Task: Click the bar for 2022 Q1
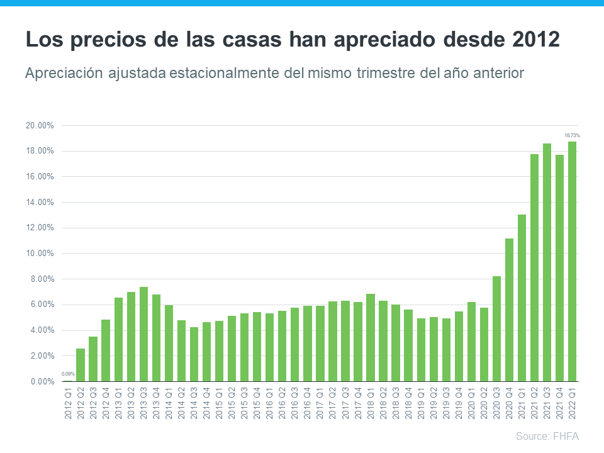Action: (x=572, y=262)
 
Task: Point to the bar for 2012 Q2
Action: (x=81, y=365)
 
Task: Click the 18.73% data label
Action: (x=572, y=135)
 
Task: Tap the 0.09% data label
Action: (x=68, y=374)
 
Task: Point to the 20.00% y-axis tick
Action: (x=40, y=126)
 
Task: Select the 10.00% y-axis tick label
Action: (x=40, y=254)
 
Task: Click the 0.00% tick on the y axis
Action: (x=42, y=381)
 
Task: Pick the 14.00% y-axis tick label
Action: (x=40, y=203)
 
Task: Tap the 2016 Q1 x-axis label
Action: (x=269, y=402)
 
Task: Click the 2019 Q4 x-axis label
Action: (x=459, y=402)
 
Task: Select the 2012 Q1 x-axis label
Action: (x=68, y=402)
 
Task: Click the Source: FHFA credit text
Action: (x=547, y=436)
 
